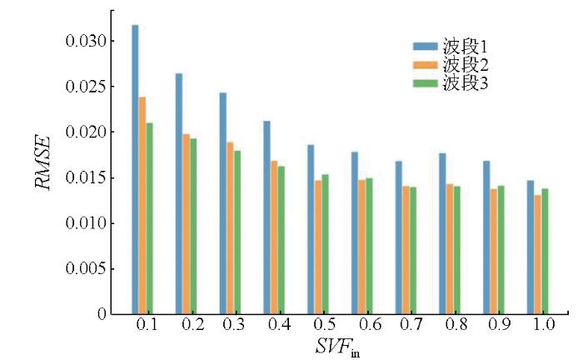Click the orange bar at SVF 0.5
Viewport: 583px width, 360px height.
click(318, 247)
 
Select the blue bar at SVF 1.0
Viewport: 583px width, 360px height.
click(530, 247)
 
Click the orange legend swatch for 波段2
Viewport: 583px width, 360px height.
click(426, 65)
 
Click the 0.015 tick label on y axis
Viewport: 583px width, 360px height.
click(85, 177)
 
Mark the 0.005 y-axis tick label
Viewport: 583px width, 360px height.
click(85, 268)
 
